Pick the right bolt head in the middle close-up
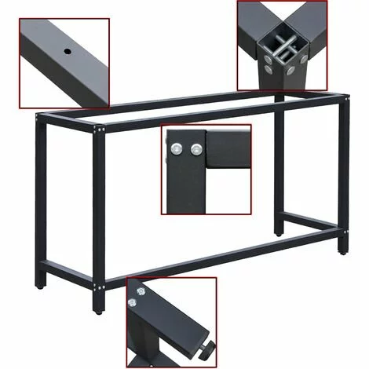click(x=194, y=147)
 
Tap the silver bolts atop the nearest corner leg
click(x=98, y=128)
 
